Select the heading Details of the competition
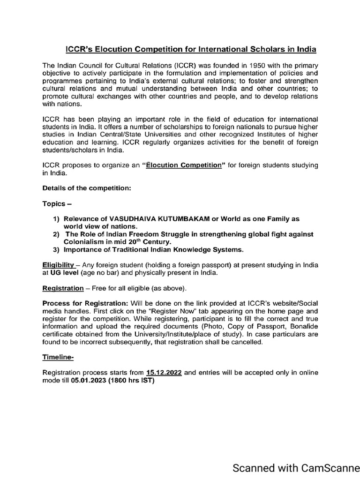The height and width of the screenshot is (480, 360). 87,188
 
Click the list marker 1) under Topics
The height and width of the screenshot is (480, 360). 56,219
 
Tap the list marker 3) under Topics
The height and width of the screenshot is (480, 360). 56,249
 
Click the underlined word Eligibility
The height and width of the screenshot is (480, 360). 59,264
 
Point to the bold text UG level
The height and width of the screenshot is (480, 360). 63,272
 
